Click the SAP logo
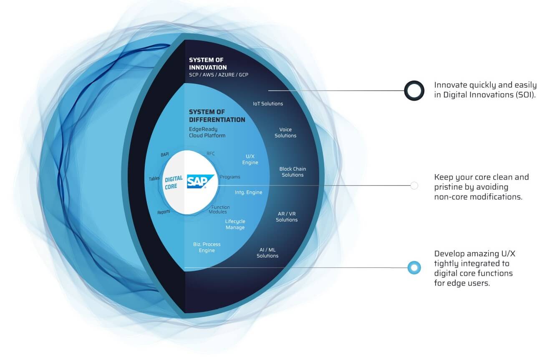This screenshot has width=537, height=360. click(200, 182)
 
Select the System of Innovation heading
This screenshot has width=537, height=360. click(208, 63)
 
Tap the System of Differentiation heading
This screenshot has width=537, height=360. click(217, 116)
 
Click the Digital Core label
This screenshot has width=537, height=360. click(174, 183)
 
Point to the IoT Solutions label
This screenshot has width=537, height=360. click(268, 104)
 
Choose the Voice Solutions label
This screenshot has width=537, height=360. click(285, 132)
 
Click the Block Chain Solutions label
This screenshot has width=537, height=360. click(292, 172)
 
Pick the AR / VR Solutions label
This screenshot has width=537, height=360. click(287, 217)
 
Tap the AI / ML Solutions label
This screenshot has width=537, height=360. click(267, 253)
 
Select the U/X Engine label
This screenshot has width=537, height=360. click(250, 159)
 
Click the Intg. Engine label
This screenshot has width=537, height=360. click(248, 192)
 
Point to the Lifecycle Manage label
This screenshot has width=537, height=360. click(235, 224)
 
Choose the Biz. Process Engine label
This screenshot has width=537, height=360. click(207, 247)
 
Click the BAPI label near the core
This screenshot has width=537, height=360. click(165, 155)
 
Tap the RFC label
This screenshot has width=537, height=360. click(211, 154)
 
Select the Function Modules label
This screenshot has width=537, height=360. click(219, 210)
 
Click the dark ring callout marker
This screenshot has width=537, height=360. click(414, 91)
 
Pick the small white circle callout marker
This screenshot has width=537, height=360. click(414, 185)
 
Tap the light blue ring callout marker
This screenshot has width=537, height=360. click(414, 268)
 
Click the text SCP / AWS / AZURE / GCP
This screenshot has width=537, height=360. click(219, 75)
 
